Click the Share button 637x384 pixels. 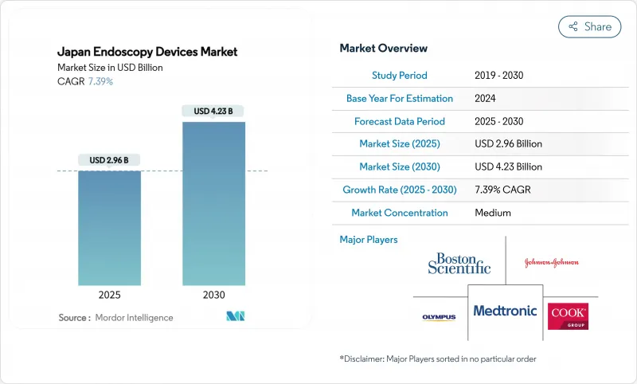[x=590, y=26]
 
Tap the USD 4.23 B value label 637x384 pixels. [x=213, y=111]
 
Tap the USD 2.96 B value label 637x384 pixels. [x=109, y=160]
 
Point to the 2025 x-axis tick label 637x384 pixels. [x=109, y=295]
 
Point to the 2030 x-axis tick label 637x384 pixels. [x=213, y=295]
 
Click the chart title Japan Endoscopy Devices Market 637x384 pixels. [x=147, y=53]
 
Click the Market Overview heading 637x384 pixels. [x=383, y=49]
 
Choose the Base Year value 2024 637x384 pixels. [x=486, y=99]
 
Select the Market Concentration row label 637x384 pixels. [x=400, y=213]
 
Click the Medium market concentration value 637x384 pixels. [x=492, y=213]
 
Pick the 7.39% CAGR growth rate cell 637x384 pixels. [x=509, y=190]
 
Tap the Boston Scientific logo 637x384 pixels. [x=459, y=263]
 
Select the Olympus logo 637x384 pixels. [x=439, y=317]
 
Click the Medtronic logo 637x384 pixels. [x=505, y=311]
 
